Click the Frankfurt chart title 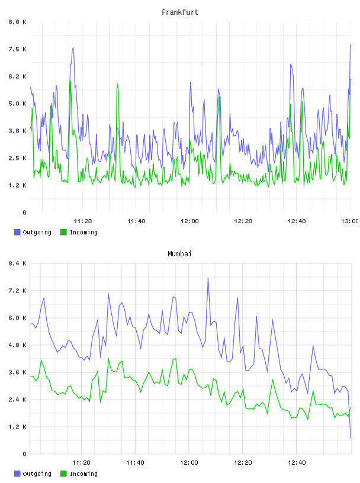coord(180,12)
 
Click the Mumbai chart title coord(179,253)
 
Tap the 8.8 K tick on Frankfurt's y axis coord(18,22)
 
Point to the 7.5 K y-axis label coord(18,49)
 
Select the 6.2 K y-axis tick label coord(18,76)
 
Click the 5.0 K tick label coord(18,104)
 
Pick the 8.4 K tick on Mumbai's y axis coord(18,263)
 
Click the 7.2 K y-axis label coord(18,291)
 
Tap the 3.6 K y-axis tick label coord(18,372)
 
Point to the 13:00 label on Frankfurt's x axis coord(350,221)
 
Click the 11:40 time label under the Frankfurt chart coord(136,221)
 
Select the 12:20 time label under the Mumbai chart coord(243,462)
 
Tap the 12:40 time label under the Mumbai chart coord(297,462)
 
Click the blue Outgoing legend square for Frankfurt coord(17,232)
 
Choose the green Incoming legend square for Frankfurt coord(63,232)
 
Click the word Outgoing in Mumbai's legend coord(37,474)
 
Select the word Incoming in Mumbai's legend coord(83,474)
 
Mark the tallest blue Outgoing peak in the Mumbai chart coord(208,278)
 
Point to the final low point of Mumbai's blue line coord(351,438)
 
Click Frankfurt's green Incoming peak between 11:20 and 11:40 coord(118,84)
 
